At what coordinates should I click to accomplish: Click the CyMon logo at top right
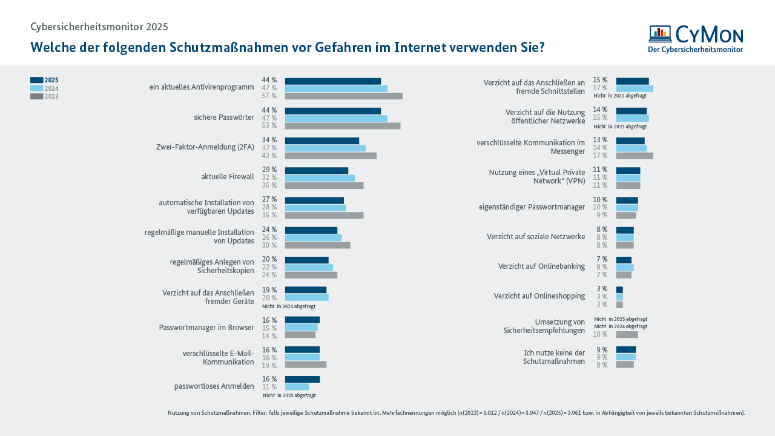tap(695, 39)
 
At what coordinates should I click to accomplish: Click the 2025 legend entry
tap(44, 80)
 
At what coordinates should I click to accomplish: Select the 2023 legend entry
tap(44, 96)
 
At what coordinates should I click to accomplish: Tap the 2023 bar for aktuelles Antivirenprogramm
tap(343, 96)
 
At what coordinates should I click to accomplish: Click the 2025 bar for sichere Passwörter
tap(332, 111)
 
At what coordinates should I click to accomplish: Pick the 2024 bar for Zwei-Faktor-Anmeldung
tap(325, 148)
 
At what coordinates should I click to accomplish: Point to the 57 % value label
tap(269, 96)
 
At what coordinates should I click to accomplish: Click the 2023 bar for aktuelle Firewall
tap(324, 185)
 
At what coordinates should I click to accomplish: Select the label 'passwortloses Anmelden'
tap(214, 386)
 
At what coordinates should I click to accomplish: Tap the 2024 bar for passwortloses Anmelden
tap(297, 387)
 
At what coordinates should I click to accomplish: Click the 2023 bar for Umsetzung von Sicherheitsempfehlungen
tap(627, 334)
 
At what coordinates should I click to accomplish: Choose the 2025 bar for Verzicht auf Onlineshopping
tap(619, 290)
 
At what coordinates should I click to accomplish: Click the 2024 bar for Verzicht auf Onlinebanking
tap(624, 267)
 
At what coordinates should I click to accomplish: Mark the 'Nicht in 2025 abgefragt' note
tap(621, 319)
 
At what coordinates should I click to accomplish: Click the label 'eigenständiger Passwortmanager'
tap(532, 207)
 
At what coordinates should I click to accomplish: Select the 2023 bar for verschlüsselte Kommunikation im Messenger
tap(635, 156)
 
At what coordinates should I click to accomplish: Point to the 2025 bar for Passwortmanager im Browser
tap(302, 320)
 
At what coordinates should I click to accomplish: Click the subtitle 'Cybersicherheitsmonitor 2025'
tap(99, 27)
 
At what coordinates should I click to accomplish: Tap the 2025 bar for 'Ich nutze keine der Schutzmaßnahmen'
tap(625, 349)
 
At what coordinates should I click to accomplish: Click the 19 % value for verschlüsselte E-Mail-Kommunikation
tap(269, 366)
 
